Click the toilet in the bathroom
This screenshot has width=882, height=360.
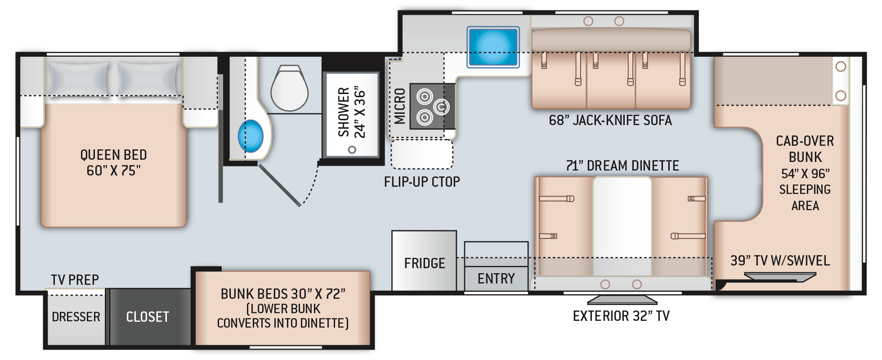[289, 88]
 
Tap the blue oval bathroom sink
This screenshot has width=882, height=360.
[251, 136]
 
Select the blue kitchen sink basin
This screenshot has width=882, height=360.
[493, 47]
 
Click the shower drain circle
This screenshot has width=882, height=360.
[352, 149]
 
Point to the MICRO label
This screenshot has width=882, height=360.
[399, 106]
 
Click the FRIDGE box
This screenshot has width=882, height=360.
[424, 261]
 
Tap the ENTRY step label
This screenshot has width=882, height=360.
[496, 279]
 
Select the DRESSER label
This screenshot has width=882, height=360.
[76, 317]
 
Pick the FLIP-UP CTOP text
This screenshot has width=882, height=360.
[422, 182]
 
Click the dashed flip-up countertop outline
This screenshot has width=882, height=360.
[422, 154]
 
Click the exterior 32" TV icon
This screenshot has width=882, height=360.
[622, 300]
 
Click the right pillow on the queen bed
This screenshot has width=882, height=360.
[148, 79]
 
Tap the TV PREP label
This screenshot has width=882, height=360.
[75, 280]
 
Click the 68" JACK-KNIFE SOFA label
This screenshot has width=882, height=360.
[610, 120]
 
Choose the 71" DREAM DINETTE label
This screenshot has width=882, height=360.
[622, 166]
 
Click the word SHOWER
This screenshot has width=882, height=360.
[344, 112]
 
